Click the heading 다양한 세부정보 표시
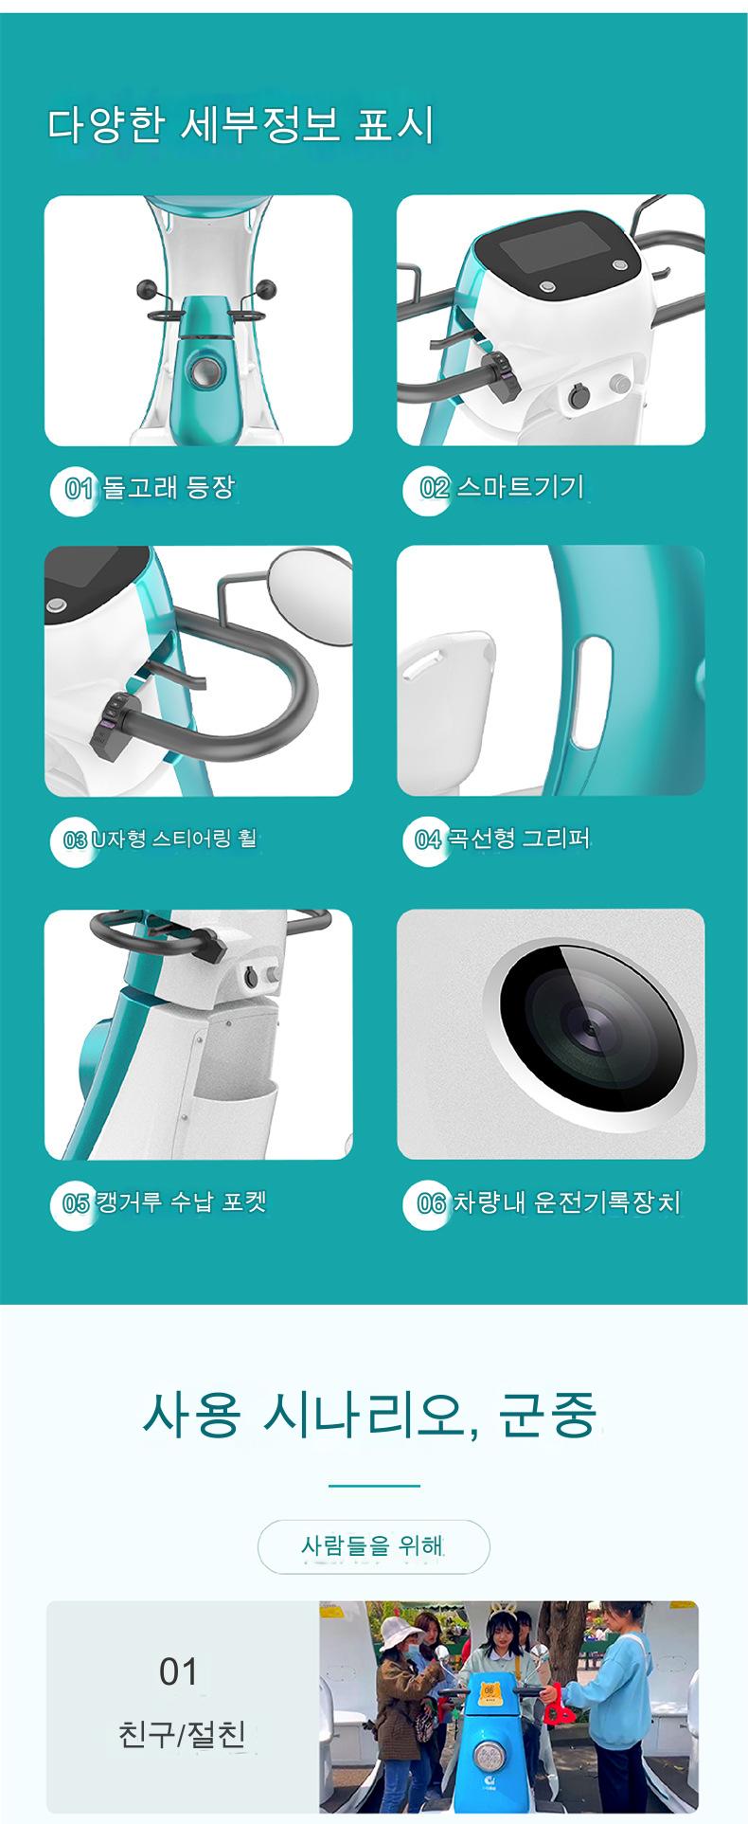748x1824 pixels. point(240,125)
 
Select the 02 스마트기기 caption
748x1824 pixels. point(502,488)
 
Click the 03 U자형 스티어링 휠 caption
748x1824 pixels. point(159,839)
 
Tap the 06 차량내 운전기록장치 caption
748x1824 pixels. point(549,1203)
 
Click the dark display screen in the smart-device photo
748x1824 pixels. point(554,250)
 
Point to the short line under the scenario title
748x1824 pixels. point(374,1486)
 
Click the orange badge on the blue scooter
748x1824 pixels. point(490,1689)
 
